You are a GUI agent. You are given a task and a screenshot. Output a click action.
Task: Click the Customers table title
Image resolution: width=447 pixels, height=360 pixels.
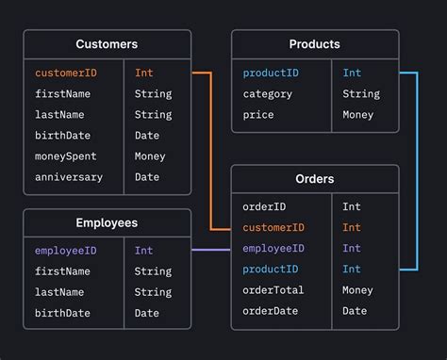pyautogui.click(x=107, y=44)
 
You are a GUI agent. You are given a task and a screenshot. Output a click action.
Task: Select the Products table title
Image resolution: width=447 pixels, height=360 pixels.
pyautogui.click(x=315, y=44)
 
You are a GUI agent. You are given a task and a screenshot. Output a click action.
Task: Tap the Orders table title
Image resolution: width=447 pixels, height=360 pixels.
pyautogui.click(x=315, y=179)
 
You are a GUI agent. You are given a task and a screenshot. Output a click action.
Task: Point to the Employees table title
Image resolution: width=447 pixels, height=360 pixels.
pyautogui.click(x=107, y=223)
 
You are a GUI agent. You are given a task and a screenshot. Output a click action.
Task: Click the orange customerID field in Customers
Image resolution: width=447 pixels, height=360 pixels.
pyautogui.click(x=66, y=73)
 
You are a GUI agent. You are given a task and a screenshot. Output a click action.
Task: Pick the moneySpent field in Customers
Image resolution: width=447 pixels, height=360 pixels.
pyautogui.click(x=66, y=156)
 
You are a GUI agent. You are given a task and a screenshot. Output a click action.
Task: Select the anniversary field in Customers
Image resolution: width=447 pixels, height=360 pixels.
pyautogui.click(x=69, y=177)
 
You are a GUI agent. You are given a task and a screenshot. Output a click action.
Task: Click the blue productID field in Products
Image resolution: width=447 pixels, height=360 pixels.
pyautogui.click(x=273, y=73)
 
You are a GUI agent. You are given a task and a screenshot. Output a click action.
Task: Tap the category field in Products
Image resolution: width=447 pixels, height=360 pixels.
pyautogui.click(x=268, y=93)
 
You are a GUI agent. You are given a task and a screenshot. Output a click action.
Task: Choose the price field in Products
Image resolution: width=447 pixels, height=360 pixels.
pyautogui.click(x=258, y=115)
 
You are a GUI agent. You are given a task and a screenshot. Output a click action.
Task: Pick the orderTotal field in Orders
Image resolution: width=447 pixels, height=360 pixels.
pyautogui.click(x=273, y=290)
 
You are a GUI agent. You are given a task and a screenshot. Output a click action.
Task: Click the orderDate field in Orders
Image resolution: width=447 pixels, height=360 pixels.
pyautogui.click(x=270, y=311)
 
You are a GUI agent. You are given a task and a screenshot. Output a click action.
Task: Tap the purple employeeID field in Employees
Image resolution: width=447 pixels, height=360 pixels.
pyautogui.click(x=66, y=251)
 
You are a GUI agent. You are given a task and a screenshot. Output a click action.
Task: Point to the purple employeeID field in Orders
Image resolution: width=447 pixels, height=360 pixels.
pyautogui.click(x=273, y=249)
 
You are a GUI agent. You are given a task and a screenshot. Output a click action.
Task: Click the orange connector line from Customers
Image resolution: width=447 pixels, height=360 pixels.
pyautogui.click(x=211, y=151)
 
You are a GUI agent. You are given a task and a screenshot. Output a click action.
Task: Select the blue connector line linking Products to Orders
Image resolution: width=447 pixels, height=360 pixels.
pyautogui.click(x=416, y=170)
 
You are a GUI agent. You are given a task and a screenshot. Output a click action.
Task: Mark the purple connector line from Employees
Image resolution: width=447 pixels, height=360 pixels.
pyautogui.click(x=211, y=250)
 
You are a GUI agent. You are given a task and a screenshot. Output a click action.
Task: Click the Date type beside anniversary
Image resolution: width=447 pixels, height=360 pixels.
pyautogui.click(x=147, y=177)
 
